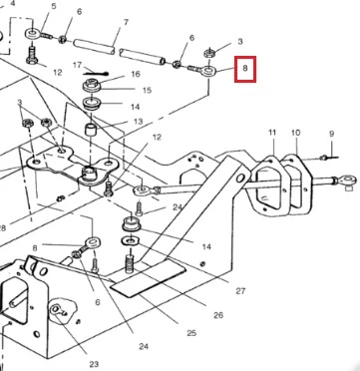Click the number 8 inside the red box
tap(245, 69)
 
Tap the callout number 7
tap(126, 22)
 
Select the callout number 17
tap(77, 65)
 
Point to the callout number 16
tap(136, 74)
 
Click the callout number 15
tap(147, 90)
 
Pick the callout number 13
tap(139, 122)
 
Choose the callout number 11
tap(272, 133)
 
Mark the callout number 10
tap(295, 133)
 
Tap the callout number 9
tap(331, 134)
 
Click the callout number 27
tap(240, 291)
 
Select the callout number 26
tap(218, 315)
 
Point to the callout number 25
tap(191, 333)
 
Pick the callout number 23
tap(94, 364)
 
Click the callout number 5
tap(54, 6)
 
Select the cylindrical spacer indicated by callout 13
tap(91, 130)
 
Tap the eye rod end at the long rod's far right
tap(346, 181)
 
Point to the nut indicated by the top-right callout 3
tap(208, 52)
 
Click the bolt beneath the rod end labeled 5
tap(31, 55)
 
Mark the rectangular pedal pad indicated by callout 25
tap(148, 278)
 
